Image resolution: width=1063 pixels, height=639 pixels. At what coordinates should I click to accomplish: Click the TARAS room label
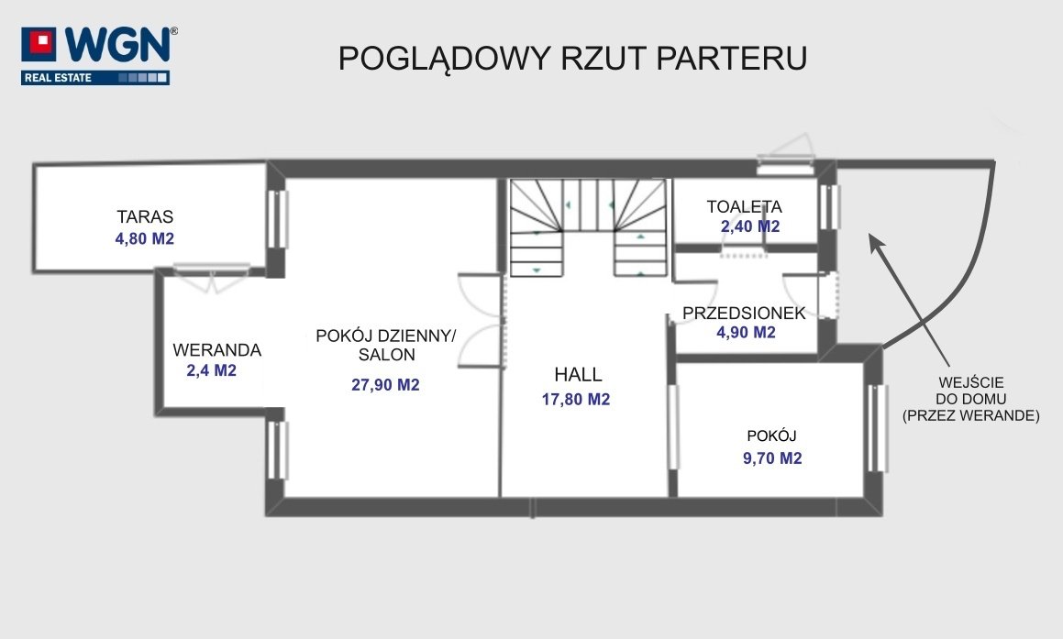[x=145, y=217]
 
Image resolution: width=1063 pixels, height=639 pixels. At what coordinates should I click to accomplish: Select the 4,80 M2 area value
[x=144, y=238]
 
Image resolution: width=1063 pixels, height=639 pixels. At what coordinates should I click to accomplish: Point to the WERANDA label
[x=217, y=350]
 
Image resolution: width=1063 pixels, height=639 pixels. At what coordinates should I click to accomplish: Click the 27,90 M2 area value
[x=385, y=385]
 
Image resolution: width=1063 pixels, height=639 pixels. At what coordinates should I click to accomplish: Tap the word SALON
[x=386, y=355]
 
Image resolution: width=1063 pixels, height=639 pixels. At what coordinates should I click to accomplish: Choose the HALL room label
[x=579, y=375]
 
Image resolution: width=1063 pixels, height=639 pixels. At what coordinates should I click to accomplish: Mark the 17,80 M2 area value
[x=576, y=400]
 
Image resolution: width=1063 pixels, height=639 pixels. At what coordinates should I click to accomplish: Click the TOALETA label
[x=745, y=206]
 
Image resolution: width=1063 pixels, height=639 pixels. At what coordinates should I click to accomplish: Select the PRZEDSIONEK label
[x=744, y=313]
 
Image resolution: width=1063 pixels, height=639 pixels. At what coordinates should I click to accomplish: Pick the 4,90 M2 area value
[x=746, y=332]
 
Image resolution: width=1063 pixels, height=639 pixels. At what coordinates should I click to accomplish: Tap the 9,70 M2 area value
[x=772, y=458]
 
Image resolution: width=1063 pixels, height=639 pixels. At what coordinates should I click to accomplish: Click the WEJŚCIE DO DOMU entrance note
[x=970, y=399]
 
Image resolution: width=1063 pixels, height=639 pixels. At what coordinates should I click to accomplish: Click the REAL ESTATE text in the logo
[x=59, y=78]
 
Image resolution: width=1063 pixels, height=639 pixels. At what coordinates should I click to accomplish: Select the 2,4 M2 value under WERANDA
[x=212, y=370]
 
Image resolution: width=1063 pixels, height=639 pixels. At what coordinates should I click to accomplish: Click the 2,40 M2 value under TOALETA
[x=750, y=226]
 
